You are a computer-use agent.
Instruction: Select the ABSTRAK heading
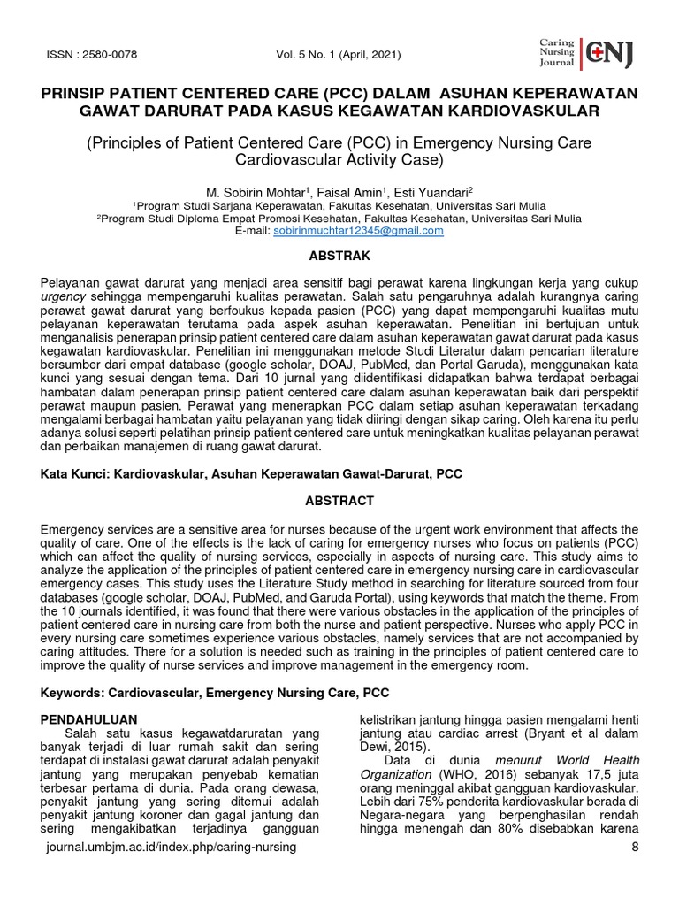click(x=339, y=256)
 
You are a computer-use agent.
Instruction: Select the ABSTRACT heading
click(x=339, y=501)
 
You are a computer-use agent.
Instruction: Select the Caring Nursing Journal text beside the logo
click(x=557, y=53)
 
